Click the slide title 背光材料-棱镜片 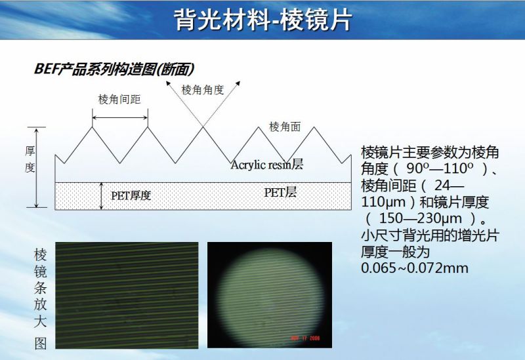262,20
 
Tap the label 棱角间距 119,99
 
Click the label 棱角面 284,127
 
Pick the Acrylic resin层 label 266,165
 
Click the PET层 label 281,192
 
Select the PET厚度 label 131,195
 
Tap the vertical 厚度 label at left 30,159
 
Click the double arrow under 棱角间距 119,118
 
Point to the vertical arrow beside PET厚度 101,196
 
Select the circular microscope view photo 269,295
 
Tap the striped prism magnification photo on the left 126,294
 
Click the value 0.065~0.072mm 414,268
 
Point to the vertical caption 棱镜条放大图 40,298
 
